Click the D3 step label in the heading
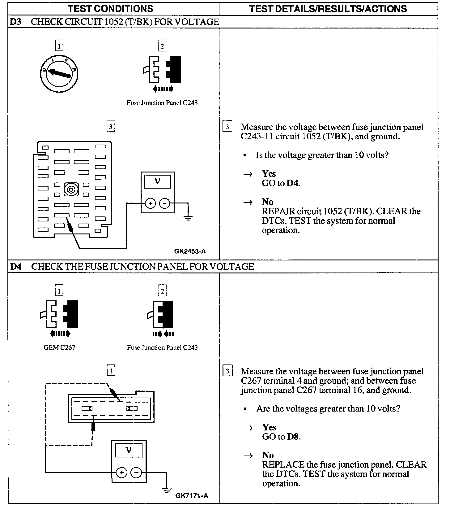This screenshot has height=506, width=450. point(15,22)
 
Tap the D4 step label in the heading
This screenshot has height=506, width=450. point(16,267)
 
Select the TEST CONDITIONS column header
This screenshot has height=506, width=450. point(110,8)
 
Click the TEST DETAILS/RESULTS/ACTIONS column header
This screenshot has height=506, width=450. point(328,8)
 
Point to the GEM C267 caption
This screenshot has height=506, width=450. point(59,347)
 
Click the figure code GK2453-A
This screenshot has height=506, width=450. point(190,251)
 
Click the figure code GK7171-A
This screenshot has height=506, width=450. point(192,496)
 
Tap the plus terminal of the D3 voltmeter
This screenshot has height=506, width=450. point(151,203)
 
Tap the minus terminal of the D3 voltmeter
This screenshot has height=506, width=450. point(164,203)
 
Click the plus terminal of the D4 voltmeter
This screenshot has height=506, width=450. point(122,473)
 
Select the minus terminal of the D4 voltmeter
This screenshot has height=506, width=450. point(136,473)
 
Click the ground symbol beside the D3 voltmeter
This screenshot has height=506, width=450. point(188,217)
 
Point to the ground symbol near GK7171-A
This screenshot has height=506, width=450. point(167,491)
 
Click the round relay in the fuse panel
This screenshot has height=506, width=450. point(71,189)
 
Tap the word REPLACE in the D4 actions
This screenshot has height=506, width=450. point(279,465)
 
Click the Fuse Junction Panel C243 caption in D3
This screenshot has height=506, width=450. point(162,103)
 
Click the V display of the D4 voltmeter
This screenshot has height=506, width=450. point(129,450)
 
